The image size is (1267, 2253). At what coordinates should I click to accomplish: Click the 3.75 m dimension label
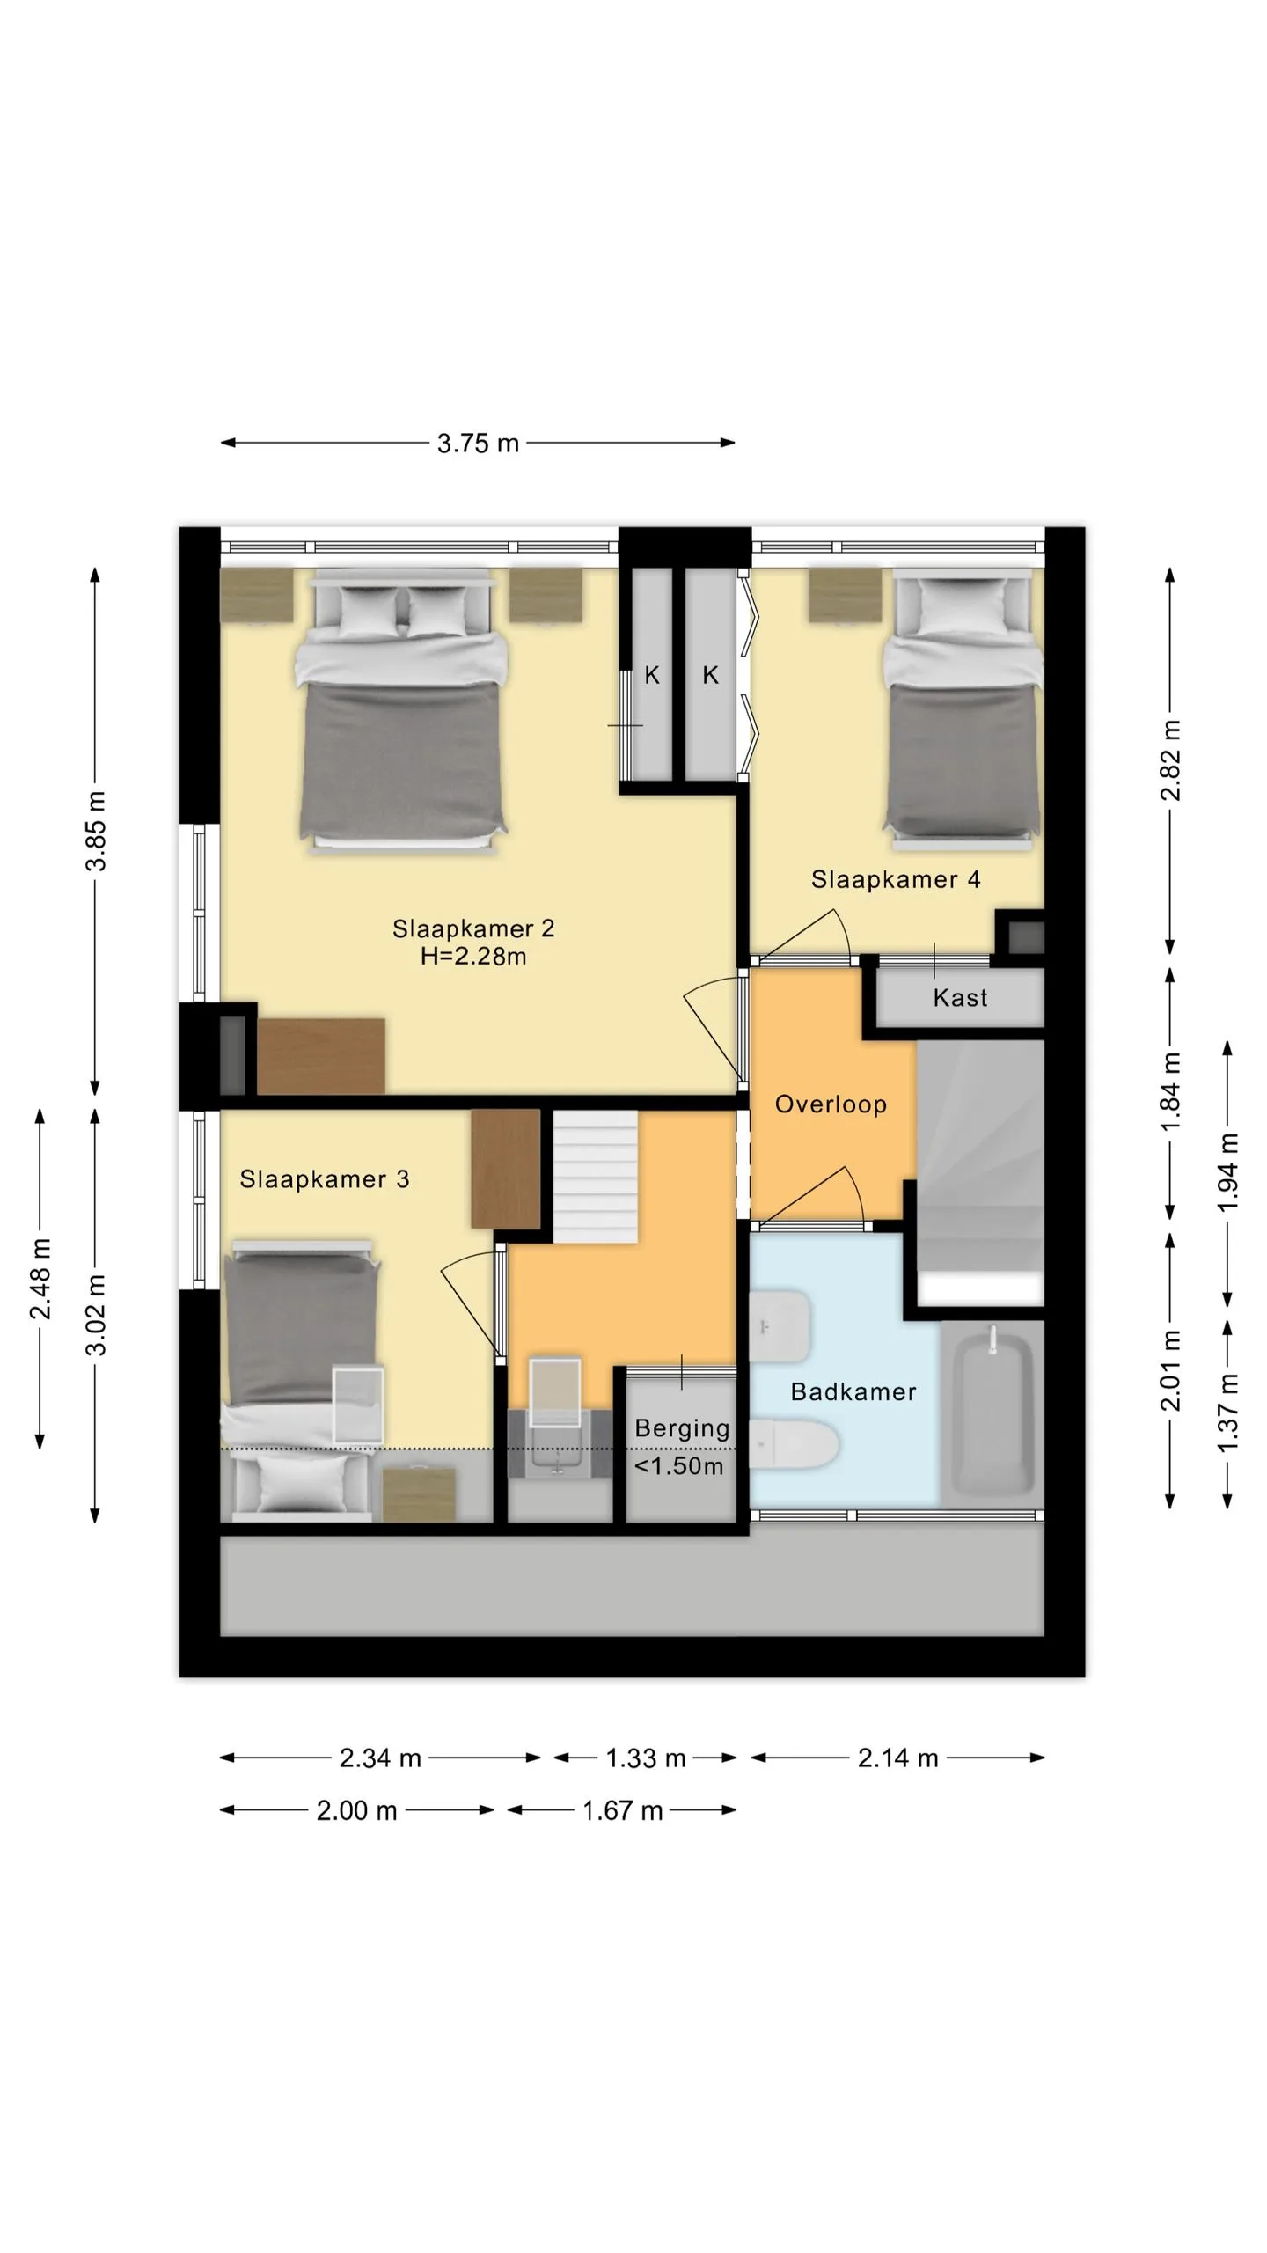(x=478, y=443)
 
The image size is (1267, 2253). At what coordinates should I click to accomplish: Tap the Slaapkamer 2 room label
(x=473, y=928)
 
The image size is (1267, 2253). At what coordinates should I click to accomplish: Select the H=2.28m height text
(x=473, y=957)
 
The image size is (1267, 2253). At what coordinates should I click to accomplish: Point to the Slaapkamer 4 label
(x=896, y=879)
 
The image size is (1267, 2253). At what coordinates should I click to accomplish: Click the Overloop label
(x=831, y=1104)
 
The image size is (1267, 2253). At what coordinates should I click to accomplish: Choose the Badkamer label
(x=853, y=1391)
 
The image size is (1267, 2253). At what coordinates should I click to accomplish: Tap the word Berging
(x=682, y=1429)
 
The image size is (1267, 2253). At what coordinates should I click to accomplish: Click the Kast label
(x=960, y=998)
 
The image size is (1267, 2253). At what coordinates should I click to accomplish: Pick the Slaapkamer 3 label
(x=325, y=1179)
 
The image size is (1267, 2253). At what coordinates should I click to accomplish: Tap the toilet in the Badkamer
(x=794, y=1443)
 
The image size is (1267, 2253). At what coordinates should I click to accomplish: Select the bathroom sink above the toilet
(x=780, y=1326)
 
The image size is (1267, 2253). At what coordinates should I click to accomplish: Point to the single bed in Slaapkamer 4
(x=963, y=709)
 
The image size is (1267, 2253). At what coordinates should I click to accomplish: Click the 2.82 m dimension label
(x=1171, y=760)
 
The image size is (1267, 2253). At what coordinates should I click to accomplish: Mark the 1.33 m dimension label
(x=646, y=1758)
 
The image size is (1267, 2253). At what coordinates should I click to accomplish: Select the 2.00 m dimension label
(x=356, y=1810)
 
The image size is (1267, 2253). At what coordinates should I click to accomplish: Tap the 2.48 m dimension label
(x=40, y=1279)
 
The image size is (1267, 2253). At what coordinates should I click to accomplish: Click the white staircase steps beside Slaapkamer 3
(x=595, y=1177)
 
